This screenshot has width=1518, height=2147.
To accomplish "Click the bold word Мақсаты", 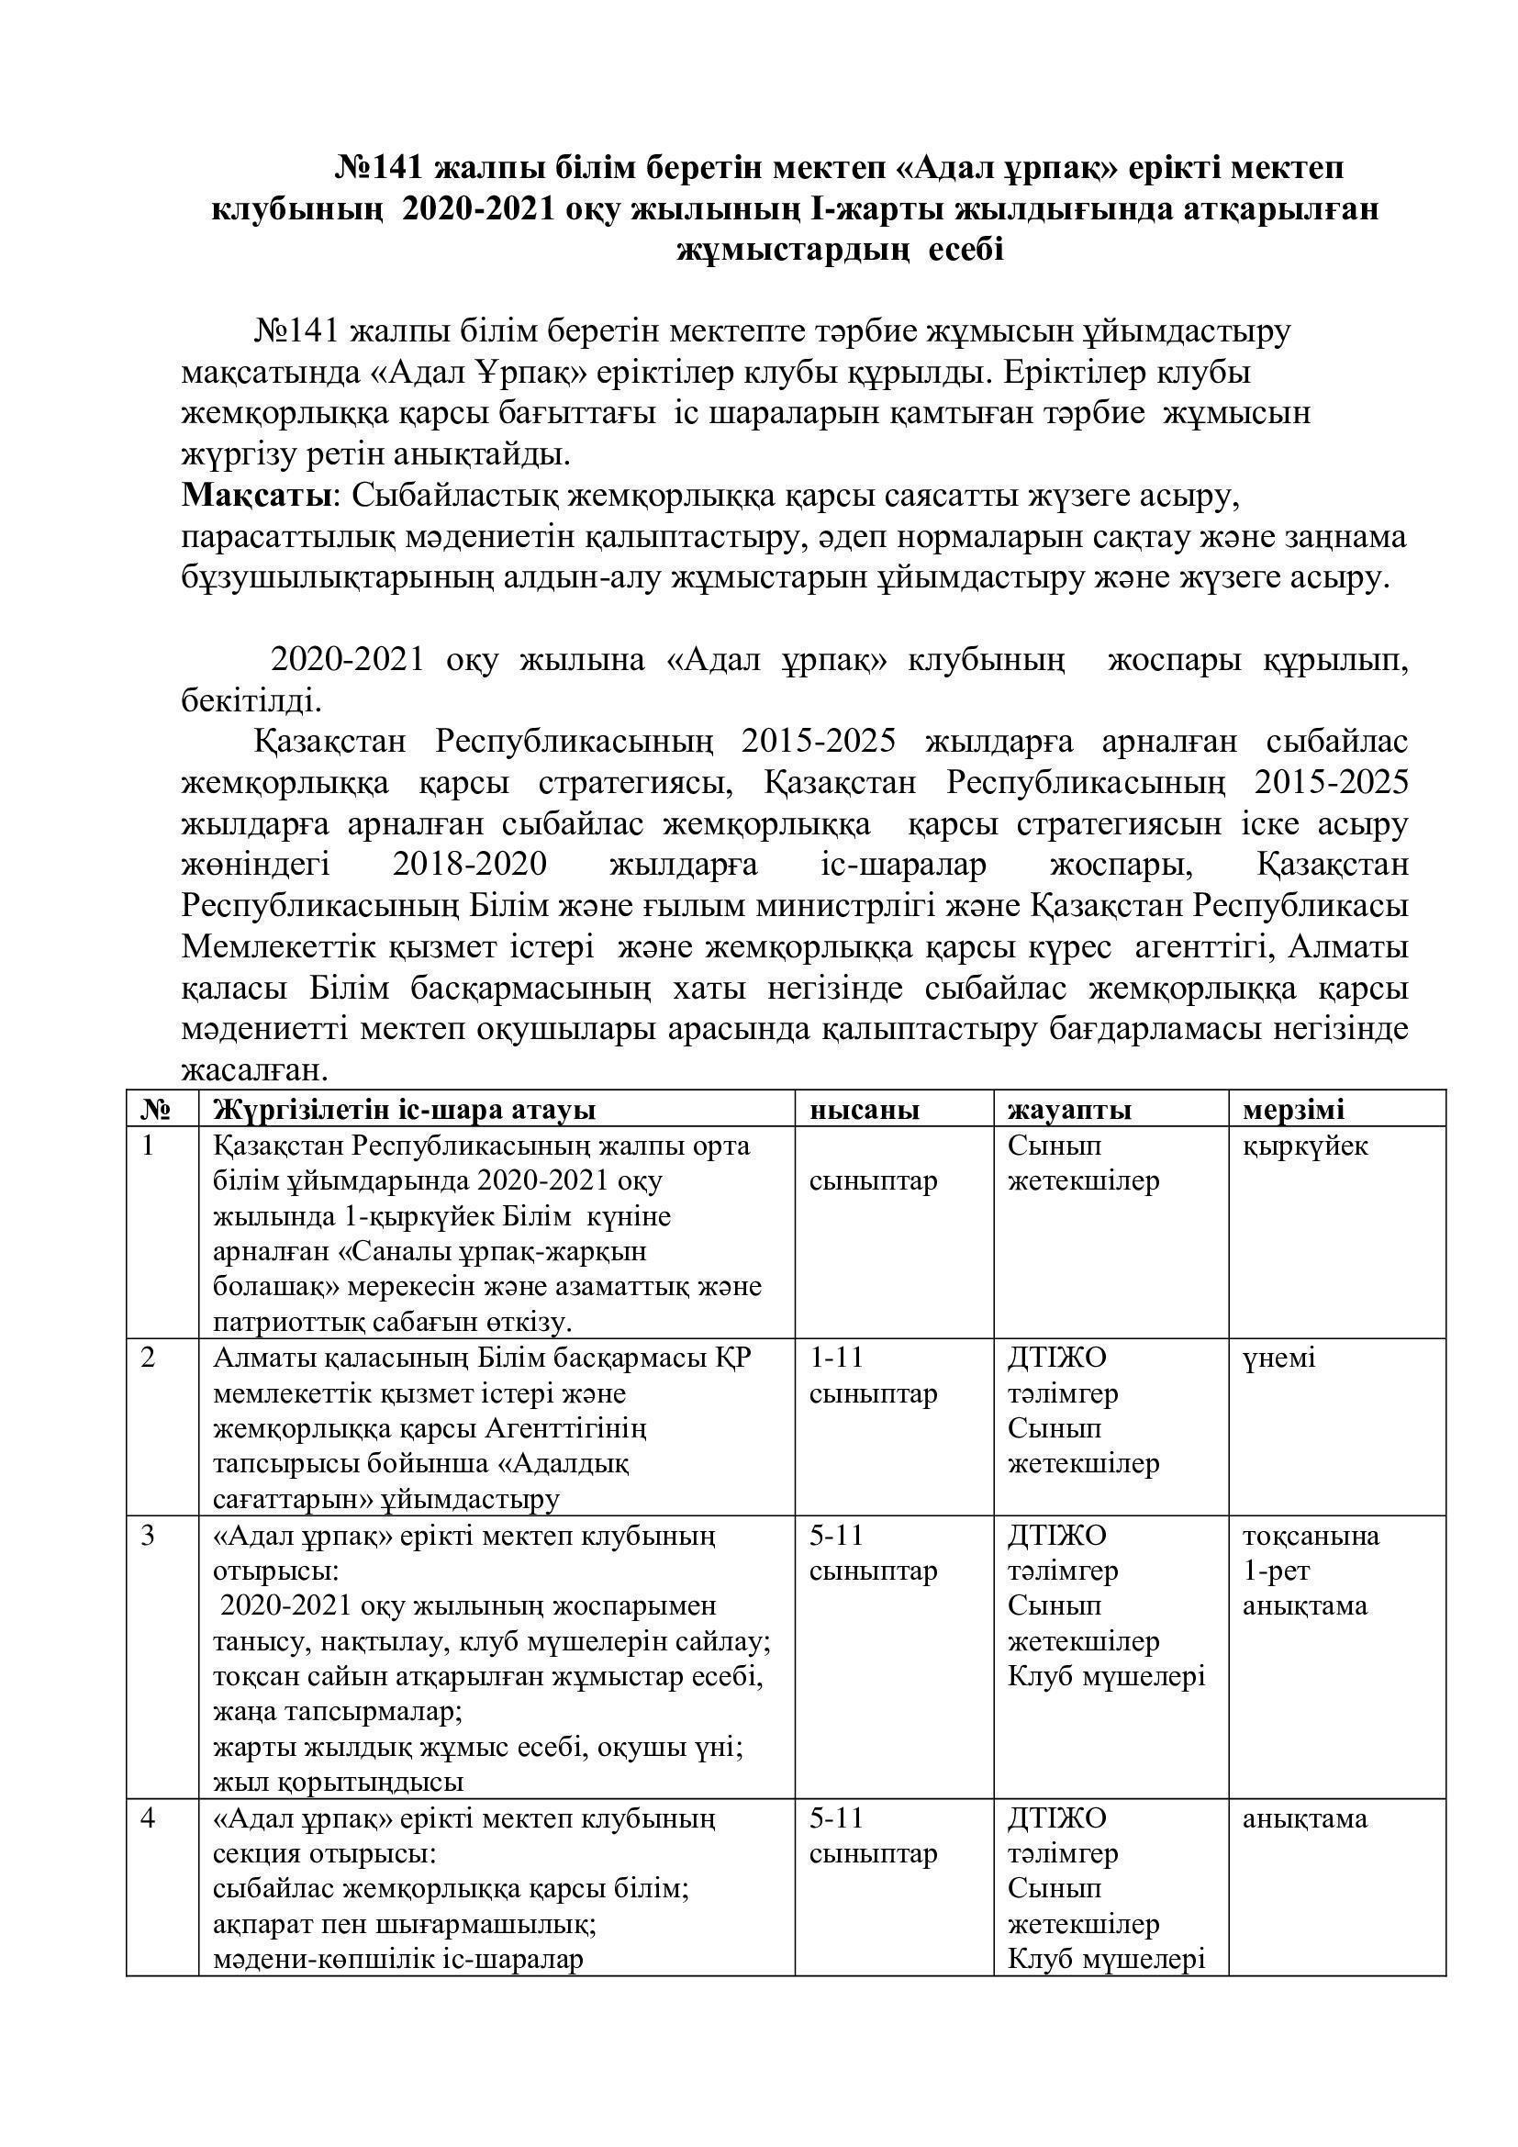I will [x=255, y=495].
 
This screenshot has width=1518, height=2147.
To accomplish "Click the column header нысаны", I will [x=864, y=1110].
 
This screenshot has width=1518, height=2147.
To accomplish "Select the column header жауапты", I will [x=1069, y=1110].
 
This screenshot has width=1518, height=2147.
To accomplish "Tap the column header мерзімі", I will [x=1293, y=1110].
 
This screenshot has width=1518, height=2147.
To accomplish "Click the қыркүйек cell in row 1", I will [x=1305, y=1146].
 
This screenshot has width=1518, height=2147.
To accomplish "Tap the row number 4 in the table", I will [x=148, y=1818].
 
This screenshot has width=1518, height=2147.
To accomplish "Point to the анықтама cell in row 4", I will [x=1305, y=1818].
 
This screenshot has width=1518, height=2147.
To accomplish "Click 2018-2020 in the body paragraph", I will [x=469, y=866].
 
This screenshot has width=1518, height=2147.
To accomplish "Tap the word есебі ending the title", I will [x=965, y=252].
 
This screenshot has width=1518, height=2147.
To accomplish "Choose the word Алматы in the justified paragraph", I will [x=1347, y=947].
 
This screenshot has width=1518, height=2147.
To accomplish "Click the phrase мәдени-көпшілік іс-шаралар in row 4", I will [x=398, y=1959].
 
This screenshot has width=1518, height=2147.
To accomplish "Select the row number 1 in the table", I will [x=148, y=1146].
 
